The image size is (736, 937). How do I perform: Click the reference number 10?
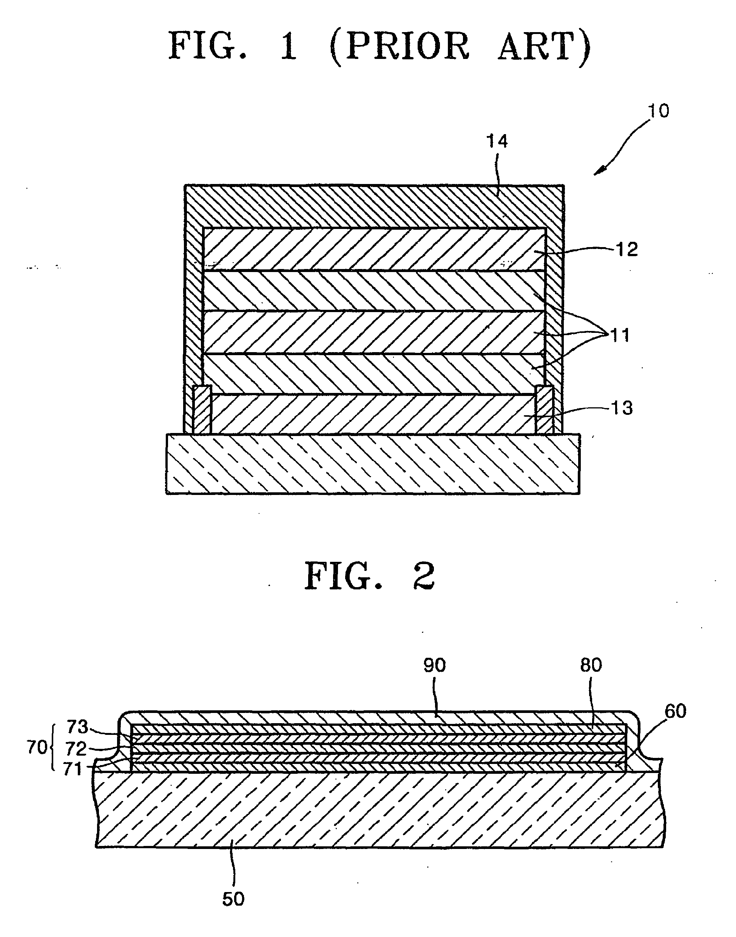658,111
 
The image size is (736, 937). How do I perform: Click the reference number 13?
621,408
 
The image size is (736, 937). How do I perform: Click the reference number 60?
675,711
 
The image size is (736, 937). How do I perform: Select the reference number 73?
77,727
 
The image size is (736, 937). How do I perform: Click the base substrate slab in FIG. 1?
373,464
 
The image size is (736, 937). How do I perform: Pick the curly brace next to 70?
53,748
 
